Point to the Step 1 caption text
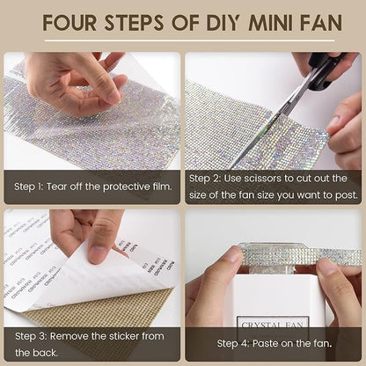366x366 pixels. click(x=77, y=186)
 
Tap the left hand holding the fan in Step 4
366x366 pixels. click(x=211, y=286)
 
